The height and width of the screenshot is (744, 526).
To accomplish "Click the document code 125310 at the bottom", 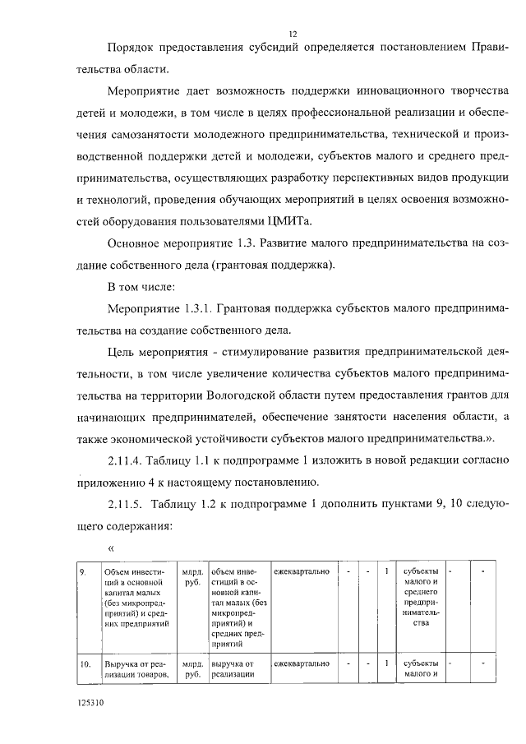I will pos(90,705).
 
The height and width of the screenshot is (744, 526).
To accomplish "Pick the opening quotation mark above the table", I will pos(110,545).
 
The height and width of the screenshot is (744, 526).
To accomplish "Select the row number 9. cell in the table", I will pos(82,571).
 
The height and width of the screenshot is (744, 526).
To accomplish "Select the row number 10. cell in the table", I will pos(84,663).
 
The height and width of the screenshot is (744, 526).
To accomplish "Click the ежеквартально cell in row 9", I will pos(302,571).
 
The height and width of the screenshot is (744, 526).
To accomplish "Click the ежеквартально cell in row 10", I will pos(302,663).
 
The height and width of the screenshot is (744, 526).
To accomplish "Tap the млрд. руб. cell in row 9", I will pos(194,577).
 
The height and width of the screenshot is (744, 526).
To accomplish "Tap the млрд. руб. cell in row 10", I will pos(194,669).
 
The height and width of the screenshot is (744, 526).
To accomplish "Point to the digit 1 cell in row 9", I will pos(386,571).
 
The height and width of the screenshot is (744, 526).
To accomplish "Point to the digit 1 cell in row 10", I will pos(386,663).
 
